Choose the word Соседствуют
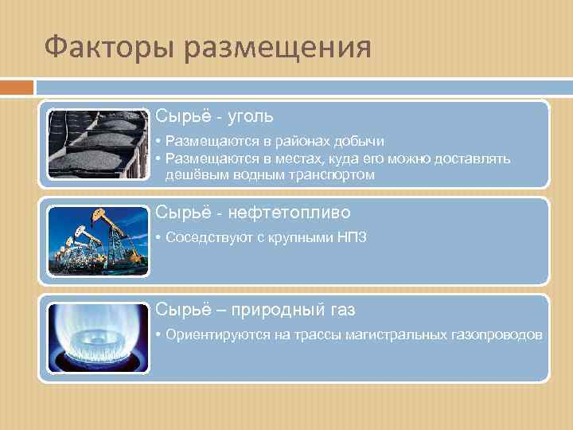click(x=205, y=238)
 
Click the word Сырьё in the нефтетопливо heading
click(x=176, y=213)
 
